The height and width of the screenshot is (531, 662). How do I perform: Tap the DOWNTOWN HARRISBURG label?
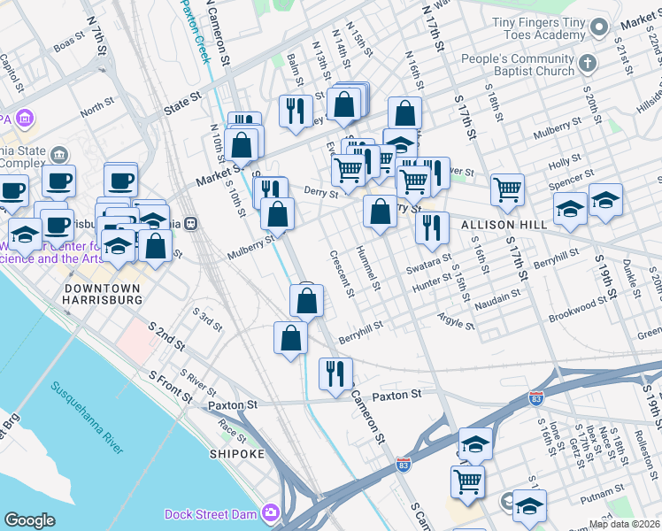pyautogui.click(x=104, y=295)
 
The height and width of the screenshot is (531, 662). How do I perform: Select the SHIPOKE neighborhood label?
pyautogui.click(x=236, y=454)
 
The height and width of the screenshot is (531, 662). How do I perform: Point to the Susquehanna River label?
pyautogui.click(x=87, y=418)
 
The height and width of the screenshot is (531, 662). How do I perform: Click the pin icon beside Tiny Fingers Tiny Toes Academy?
pyautogui.click(x=599, y=28)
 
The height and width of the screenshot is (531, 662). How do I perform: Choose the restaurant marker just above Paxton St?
pyautogui.click(x=335, y=373)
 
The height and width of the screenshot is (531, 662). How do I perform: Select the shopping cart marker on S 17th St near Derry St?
pyautogui.click(x=507, y=189)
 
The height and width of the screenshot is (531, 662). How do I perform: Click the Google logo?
pyautogui.click(x=29, y=520)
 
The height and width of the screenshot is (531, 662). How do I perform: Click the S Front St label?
pyautogui.click(x=170, y=389)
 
